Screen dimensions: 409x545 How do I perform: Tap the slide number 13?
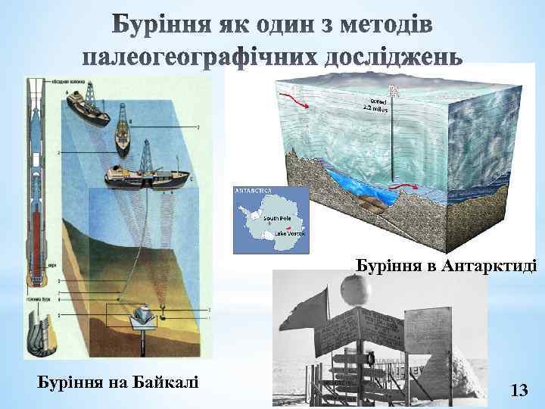pyautogui.click(x=519, y=390)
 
